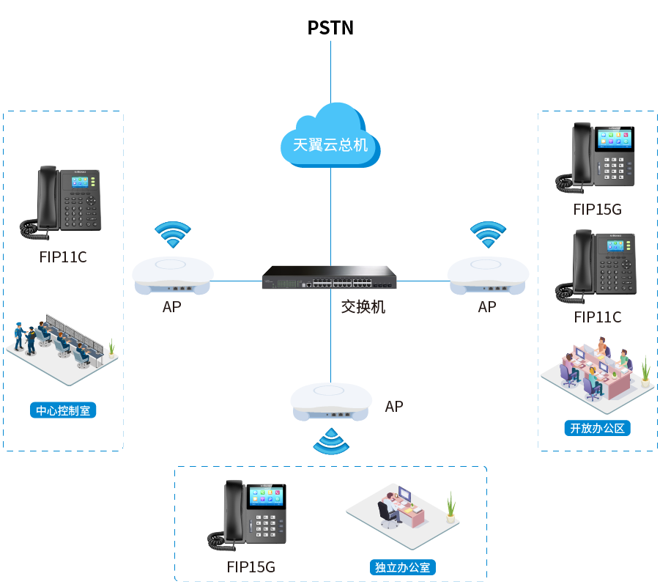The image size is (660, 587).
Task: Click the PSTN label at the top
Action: pyautogui.click(x=330, y=28)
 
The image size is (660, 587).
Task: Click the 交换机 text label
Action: pyautogui.click(x=363, y=307)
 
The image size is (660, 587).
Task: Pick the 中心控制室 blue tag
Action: pyautogui.click(x=63, y=410)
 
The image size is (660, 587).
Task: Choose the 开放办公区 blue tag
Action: pyautogui.click(x=597, y=428)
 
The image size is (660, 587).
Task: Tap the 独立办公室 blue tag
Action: pyautogui.click(x=402, y=567)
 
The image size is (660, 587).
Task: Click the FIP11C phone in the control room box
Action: pyautogui.click(x=62, y=203)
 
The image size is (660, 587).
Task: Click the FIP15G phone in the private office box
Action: pyautogui.click(x=249, y=516)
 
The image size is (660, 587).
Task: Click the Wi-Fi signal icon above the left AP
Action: pyautogui.click(x=173, y=235)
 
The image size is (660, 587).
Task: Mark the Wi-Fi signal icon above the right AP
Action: pyautogui.click(x=488, y=235)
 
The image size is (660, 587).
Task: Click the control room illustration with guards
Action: pyautogui.click(x=64, y=347)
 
